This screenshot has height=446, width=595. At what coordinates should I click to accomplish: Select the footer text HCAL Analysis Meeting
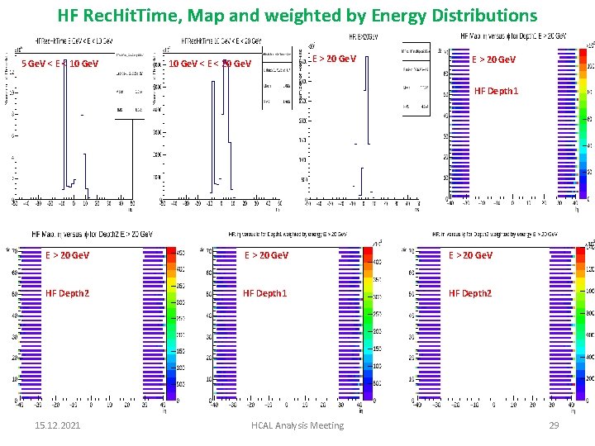[297, 425]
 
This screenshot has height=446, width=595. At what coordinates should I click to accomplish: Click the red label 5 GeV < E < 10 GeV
[59, 64]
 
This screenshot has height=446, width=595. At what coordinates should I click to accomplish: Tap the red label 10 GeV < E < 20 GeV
[210, 64]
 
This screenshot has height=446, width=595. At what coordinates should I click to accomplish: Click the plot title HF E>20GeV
[364, 38]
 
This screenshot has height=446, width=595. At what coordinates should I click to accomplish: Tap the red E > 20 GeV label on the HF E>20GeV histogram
[334, 59]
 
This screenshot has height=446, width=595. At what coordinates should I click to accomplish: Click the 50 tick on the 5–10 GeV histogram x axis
[131, 201]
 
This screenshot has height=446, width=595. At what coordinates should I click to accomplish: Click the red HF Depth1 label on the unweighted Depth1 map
[496, 91]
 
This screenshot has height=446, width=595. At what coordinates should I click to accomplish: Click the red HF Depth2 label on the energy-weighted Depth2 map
[470, 293]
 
